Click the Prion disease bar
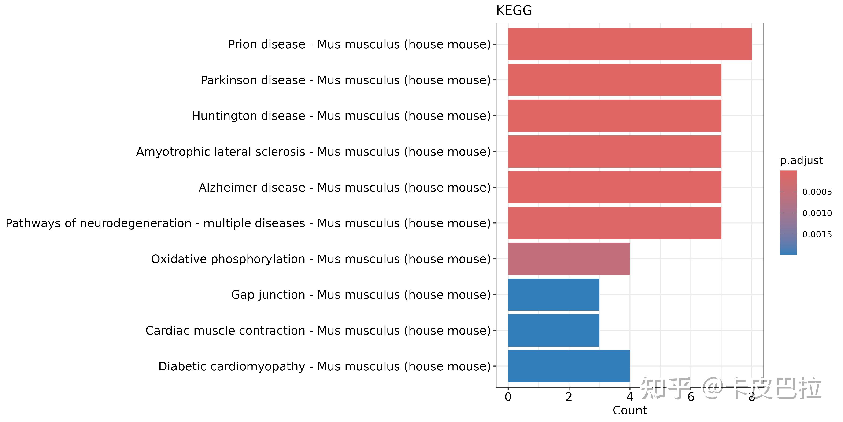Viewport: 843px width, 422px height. [630, 44]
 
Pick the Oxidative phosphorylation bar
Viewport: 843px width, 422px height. [569, 259]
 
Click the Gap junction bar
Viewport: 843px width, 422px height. [553, 294]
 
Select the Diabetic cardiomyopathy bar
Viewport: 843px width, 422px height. [569, 366]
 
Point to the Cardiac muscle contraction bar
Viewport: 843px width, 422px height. [553, 330]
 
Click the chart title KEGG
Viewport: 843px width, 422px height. [514, 11]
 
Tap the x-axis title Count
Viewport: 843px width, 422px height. [630, 410]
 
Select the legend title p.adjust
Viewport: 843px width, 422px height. [801, 161]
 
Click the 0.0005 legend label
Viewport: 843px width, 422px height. [817, 192]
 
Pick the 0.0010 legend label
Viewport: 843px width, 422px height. [817, 213]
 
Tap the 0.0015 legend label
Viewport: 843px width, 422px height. [817, 234]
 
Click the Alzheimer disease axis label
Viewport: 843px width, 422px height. [345, 187]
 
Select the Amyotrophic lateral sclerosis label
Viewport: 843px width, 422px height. [313, 152]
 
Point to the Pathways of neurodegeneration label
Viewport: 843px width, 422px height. [248, 223]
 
